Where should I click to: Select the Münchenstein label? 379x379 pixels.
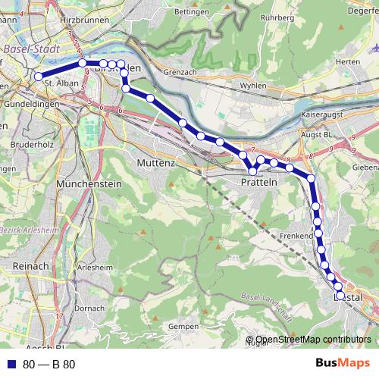tap(90, 183)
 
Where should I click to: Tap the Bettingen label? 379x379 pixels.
tap(191, 12)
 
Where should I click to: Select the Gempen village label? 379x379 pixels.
tap(183, 326)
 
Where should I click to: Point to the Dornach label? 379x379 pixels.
tap(89, 309)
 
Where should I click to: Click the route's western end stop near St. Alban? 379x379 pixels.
tap(38, 76)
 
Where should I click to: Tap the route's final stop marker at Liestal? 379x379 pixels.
tap(340, 296)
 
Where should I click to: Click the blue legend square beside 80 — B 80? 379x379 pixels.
tap(11, 364)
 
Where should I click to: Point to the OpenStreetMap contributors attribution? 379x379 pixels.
tap(313, 340)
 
